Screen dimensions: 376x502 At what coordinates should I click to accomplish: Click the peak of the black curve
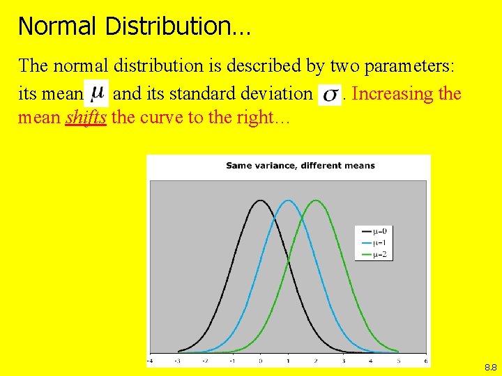(260, 201)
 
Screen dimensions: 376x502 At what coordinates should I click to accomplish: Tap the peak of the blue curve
(288, 201)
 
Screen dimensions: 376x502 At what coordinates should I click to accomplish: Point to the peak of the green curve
(315, 201)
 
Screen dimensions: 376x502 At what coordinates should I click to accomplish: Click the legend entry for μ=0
(374, 230)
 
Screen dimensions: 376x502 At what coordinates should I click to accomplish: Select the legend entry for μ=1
(374, 242)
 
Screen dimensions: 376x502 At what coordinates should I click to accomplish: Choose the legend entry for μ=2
(374, 254)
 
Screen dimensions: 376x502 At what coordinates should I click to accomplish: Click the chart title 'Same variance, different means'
(301, 166)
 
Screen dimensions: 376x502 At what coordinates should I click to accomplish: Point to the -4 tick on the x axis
(151, 361)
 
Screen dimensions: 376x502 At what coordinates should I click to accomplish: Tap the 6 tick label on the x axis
(425, 361)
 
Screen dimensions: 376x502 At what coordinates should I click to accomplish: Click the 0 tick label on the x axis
(260, 361)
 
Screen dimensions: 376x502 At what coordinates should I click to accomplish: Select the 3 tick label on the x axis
(343, 361)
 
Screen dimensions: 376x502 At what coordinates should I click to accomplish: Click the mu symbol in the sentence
(98, 92)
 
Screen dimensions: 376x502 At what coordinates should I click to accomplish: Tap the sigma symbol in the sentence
(330, 94)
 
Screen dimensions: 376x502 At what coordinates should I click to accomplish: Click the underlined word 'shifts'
(86, 117)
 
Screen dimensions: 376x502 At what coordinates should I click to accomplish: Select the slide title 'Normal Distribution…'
(135, 26)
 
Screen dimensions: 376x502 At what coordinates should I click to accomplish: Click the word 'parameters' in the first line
(410, 66)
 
